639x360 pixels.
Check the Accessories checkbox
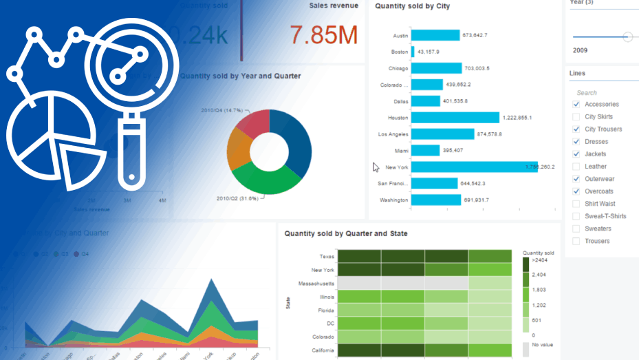pyautogui.click(x=576, y=105)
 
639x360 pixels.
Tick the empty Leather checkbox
pyautogui.click(x=576, y=167)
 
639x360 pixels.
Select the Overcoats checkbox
pyautogui.click(x=576, y=191)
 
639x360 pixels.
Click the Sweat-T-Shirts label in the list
pyautogui.click(x=605, y=216)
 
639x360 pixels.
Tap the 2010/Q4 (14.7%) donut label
pyautogui.click(x=222, y=110)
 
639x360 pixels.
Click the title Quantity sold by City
pyautogui.click(x=412, y=6)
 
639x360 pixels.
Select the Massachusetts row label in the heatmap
pyautogui.click(x=316, y=284)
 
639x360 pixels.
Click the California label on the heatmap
pyautogui.click(x=322, y=350)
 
